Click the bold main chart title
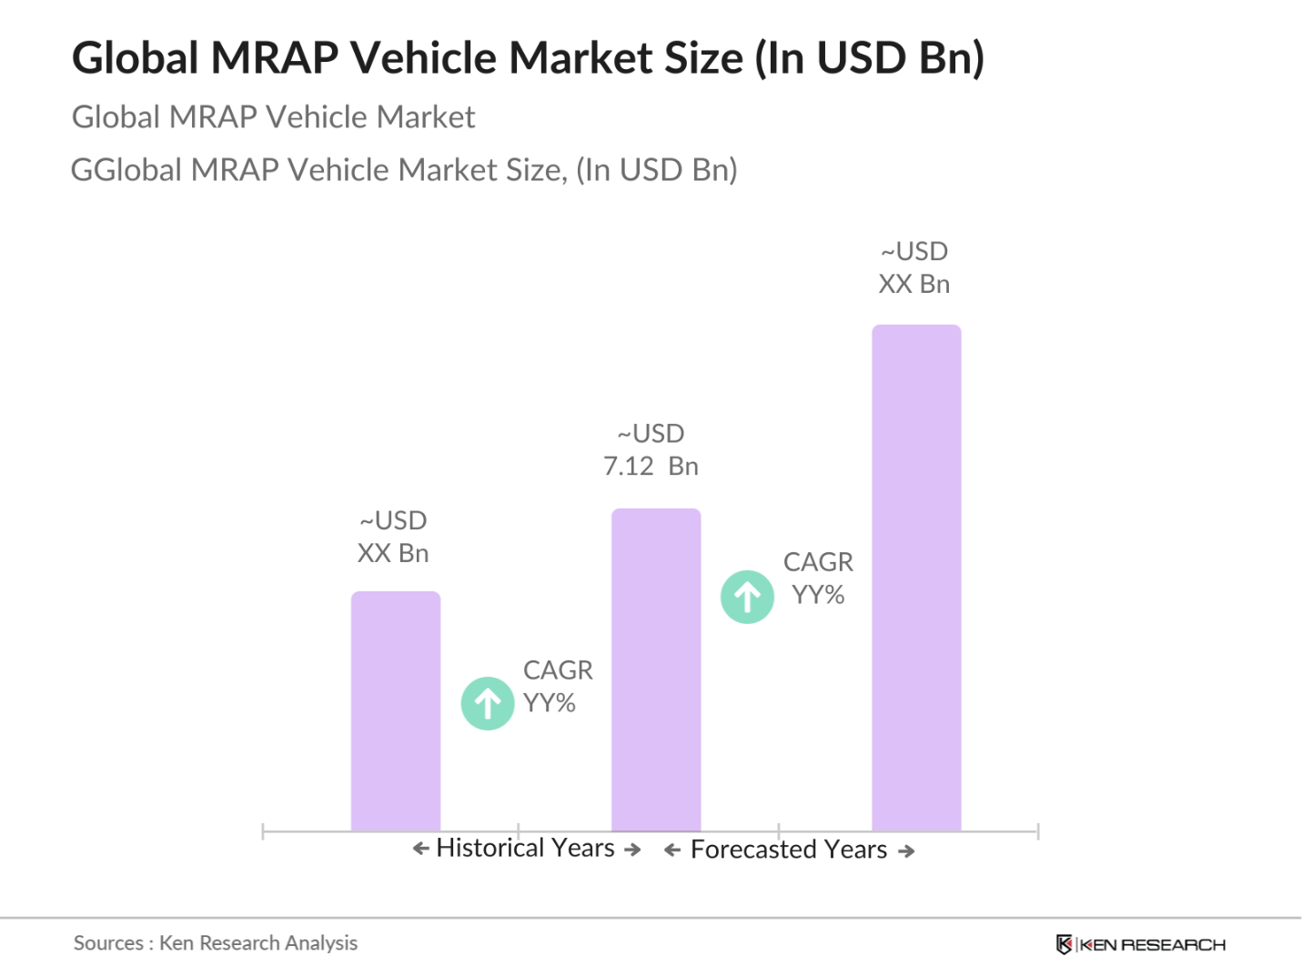[x=528, y=58]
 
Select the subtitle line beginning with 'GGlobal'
[x=404, y=170]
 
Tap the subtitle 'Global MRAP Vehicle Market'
[x=273, y=117]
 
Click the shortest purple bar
[x=396, y=711]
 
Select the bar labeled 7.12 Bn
[x=656, y=669]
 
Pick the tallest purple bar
[x=916, y=578]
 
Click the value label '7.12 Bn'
[x=651, y=467]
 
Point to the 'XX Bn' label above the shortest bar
[x=393, y=553]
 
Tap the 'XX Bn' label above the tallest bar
[x=914, y=284]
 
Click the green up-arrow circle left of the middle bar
[x=488, y=703]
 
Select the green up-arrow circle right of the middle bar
[x=747, y=597]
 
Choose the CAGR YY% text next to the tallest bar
[x=818, y=579]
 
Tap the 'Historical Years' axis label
[x=525, y=848]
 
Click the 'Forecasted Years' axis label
[x=788, y=850]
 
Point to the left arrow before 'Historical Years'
[x=420, y=849]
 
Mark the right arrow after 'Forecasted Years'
[x=906, y=851]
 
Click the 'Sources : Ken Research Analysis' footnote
[x=216, y=943]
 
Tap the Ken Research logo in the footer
[x=1141, y=945]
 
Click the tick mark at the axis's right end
[x=1037, y=830]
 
